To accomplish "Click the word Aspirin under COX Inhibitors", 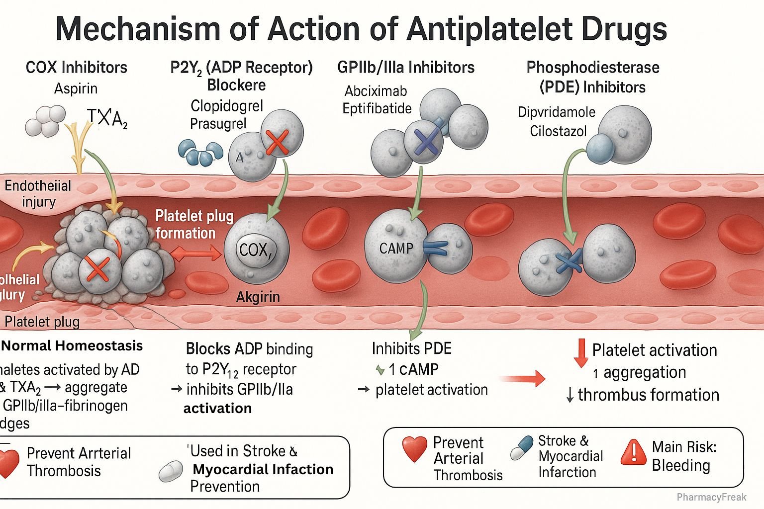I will pos(76,89).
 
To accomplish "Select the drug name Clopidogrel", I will pos(227,106).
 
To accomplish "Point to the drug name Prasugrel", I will pos(218,123).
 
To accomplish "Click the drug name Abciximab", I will pos(376,91).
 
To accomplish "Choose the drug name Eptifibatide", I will pos(377,108).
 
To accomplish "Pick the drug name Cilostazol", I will pos(558,131).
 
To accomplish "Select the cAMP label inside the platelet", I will pos(396,248).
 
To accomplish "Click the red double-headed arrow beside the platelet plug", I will pos(196,254).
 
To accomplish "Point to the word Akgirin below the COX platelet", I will pos(258,297).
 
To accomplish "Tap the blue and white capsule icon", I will pos(521,448).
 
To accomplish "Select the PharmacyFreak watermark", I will pos(711,497).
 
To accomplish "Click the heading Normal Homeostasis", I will pos(73,346).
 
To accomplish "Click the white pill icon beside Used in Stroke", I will pos(171,472).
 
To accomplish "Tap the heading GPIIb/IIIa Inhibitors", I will pos(405,68).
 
